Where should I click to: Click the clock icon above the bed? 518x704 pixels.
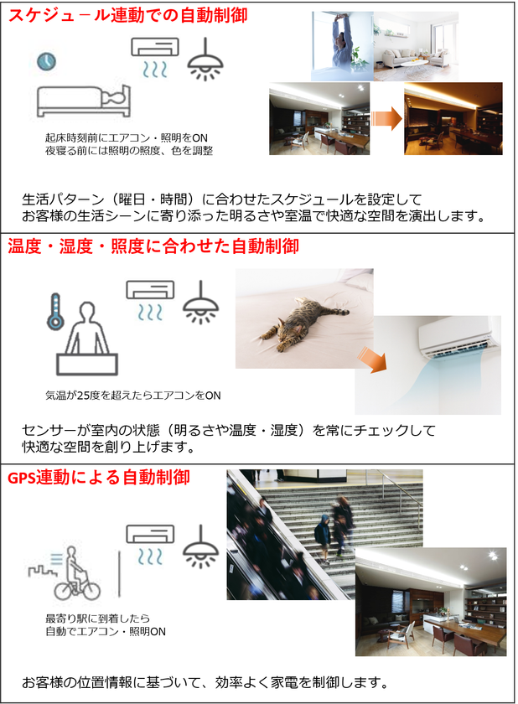click(46, 61)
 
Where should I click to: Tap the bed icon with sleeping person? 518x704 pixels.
click(84, 101)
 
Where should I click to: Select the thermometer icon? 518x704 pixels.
click(55, 312)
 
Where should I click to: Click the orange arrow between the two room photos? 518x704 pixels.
click(387, 118)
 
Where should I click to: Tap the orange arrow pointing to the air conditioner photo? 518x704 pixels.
click(372, 360)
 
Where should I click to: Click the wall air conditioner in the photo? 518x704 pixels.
click(458, 337)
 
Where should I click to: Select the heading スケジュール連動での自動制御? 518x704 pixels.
click(128, 15)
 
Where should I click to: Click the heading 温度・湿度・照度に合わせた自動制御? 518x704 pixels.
click(153, 246)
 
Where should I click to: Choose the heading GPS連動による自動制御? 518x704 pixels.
click(99, 477)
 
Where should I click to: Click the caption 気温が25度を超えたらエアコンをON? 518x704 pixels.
click(133, 396)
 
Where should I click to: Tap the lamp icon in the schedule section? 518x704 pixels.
click(205, 60)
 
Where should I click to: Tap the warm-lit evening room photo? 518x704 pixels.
click(453, 118)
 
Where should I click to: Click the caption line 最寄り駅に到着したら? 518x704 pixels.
click(97, 619)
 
